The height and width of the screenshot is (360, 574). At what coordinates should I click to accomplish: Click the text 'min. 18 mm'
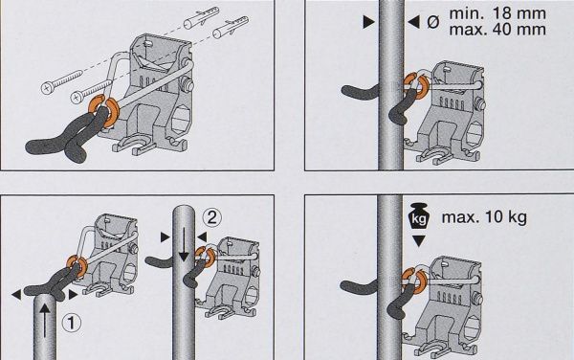(497, 13)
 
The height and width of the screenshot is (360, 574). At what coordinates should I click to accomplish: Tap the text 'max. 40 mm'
(497, 30)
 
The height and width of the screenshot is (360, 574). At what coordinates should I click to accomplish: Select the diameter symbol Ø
(432, 22)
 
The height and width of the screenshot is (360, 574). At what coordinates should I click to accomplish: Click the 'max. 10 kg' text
(484, 217)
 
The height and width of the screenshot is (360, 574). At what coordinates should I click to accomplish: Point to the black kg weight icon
(418, 216)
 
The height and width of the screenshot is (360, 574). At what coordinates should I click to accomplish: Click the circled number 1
(72, 323)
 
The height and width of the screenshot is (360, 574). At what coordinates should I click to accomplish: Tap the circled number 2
(212, 217)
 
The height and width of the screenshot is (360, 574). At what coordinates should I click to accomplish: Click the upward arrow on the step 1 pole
(45, 321)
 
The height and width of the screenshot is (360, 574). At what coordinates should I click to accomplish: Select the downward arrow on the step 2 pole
(184, 245)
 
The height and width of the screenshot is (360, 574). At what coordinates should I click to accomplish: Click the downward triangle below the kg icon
(418, 240)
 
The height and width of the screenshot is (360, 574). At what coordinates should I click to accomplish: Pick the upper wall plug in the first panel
(201, 17)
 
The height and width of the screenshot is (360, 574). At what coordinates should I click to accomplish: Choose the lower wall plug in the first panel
(231, 28)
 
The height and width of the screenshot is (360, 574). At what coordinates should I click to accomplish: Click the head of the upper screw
(48, 88)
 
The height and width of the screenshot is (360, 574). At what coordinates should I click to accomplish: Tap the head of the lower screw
(77, 98)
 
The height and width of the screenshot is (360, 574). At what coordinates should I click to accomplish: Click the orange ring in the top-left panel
(103, 111)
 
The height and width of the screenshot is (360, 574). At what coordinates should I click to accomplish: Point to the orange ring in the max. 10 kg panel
(414, 281)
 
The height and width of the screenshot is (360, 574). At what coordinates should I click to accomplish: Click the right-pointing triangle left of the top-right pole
(368, 22)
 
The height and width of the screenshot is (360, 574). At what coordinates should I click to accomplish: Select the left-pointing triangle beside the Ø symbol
(413, 22)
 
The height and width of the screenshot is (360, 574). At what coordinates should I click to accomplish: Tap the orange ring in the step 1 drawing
(77, 264)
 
